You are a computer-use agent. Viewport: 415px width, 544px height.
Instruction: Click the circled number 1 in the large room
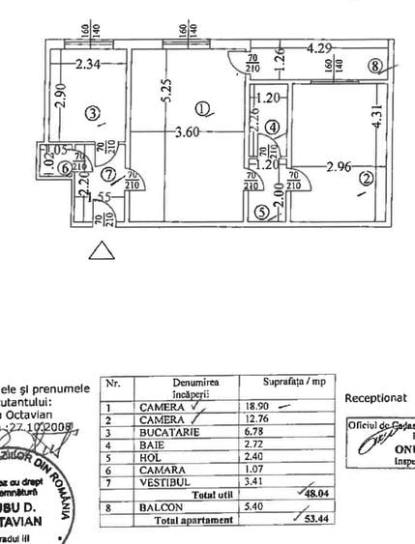(x=200, y=108)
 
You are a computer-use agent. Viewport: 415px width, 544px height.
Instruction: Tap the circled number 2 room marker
(x=366, y=179)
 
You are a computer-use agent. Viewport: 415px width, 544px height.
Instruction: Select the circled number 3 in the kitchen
(x=93, y=114)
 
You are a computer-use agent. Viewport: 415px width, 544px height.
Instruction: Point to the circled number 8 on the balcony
(x=375, y=67)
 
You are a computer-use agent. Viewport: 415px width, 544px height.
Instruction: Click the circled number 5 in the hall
(x=261, y=214)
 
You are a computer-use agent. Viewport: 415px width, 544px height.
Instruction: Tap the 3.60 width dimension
(x=188, y=134)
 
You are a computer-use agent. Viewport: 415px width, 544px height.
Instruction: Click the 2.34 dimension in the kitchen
(x=90, y=66)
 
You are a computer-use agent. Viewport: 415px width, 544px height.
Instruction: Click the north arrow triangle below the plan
(x=100, y=252)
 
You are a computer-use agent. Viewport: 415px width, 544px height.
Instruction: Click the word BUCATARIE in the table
(x=197, y=433)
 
